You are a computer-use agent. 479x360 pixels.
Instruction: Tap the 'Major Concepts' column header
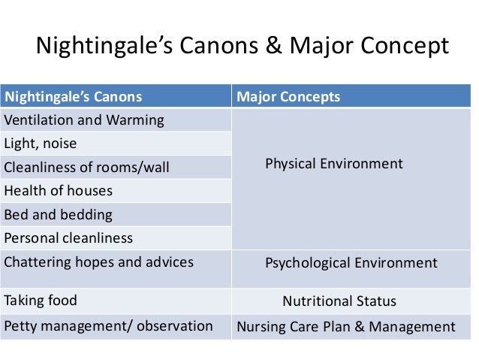coord(288,97)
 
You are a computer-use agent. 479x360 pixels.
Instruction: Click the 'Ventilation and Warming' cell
coord(84,120)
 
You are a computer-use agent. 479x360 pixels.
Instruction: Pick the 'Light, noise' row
coord(41,143)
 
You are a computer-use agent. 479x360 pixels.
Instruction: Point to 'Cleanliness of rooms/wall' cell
coord(87,167)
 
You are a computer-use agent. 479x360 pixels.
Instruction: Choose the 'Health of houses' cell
coord(59,191)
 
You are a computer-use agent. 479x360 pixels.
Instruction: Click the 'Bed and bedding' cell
coord(59,214)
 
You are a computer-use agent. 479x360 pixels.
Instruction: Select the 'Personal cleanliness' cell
coord(68,238)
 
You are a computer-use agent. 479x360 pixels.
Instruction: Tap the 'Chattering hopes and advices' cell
coord(98,262)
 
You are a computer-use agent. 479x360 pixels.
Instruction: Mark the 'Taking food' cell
coord(41,301)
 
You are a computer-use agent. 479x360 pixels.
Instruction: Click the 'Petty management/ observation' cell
coord(108,327)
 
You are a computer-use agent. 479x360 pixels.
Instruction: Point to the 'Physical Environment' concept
coord(334,164)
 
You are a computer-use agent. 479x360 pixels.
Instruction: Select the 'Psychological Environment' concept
coord(351,263)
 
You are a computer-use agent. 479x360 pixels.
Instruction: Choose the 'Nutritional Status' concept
coord(339,302)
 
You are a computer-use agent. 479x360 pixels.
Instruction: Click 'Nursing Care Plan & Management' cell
coord(346,327)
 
